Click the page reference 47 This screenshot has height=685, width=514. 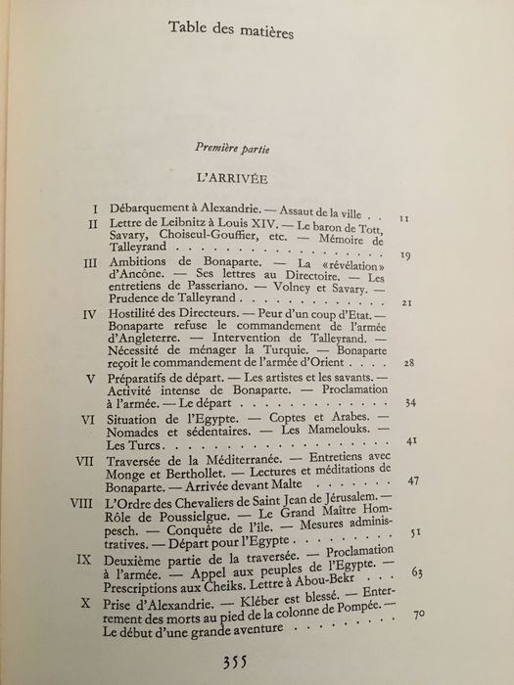point(414,481)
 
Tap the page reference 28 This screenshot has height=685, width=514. point(411,362)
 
